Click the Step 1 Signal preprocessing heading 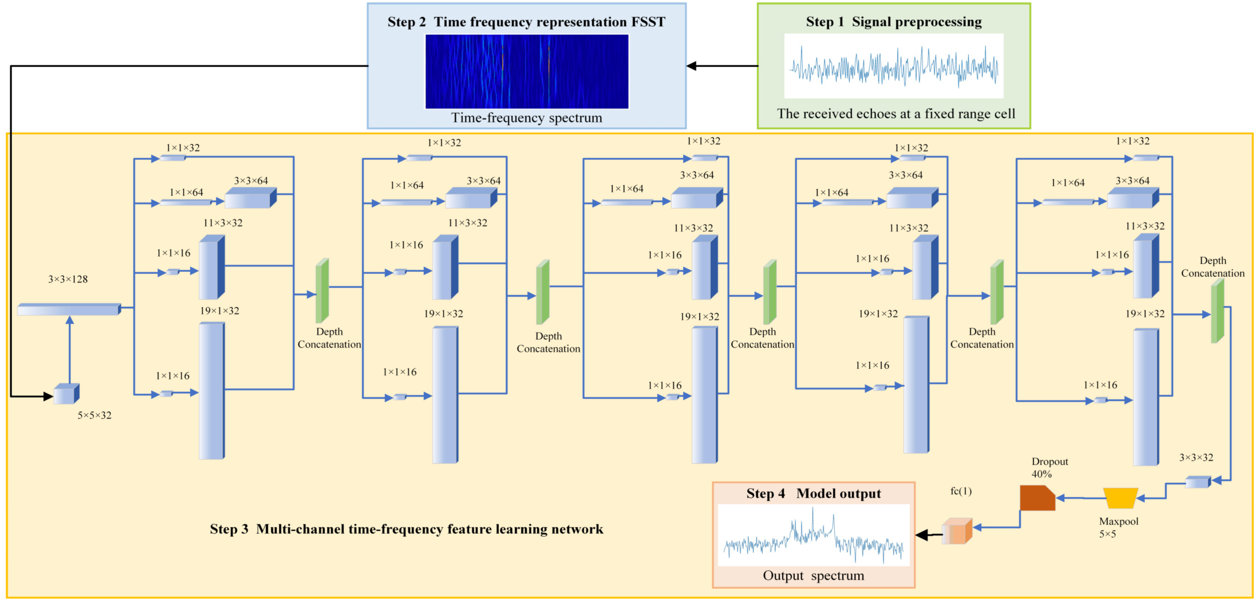pyautogui.click(x=893, y=22)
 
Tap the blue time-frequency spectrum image pyautogui.click(x=526, y=71)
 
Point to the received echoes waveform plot pyautogui.click(x=893, y=66)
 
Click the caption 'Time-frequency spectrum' pyautogui.click(x=526, y=118)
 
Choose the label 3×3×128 pyautogui.click(x=68, y=279)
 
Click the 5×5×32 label pyautogui.click(x=94, y=415)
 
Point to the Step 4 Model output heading pyautogui.click(x=813, y=493)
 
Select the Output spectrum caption pyautogui.click(x=813, y=576)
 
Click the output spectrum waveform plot pyautogui.click(x=813, y=535)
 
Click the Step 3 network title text pyautogui.click(x=406, y=529)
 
